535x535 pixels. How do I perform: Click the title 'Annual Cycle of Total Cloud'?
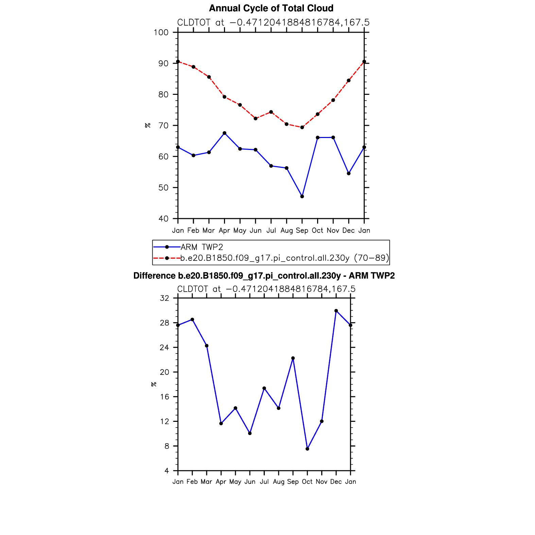(271, 8)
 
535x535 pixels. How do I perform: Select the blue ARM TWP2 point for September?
(302, 196)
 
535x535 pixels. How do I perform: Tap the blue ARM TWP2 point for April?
(224, 133)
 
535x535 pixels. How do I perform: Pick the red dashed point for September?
(302, 127)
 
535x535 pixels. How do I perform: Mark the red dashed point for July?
(271, 112)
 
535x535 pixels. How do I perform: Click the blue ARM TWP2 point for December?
(349, 173)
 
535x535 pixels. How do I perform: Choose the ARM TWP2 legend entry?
(202, 247)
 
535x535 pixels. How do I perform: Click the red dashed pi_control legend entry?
(284, 258)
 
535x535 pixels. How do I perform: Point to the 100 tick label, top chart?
(161, 32)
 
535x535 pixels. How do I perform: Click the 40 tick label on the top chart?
(163, 219)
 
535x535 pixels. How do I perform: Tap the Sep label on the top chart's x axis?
(302, 230)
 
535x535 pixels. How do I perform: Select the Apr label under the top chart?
(224, 230)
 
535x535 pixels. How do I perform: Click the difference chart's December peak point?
(336, 311)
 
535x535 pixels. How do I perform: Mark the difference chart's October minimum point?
(307, 449)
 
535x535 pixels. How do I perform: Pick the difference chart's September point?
(293, 358)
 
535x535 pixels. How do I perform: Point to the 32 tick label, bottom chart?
(165, 298)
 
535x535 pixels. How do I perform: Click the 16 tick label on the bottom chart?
(165, 397)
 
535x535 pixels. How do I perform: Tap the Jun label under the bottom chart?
(250, 482)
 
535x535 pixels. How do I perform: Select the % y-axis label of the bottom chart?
(154, 384)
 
